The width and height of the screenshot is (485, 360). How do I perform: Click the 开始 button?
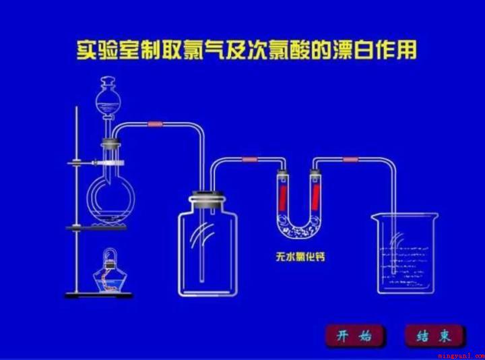(354, 336)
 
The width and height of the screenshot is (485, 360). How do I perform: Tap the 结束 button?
(434, 336)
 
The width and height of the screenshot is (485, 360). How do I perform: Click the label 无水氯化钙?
(300, 257)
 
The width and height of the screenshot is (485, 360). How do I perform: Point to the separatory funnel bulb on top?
(108, 100)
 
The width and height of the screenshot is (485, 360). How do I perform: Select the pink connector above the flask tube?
(156, 124)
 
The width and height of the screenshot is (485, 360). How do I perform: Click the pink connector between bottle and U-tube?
(250, 159)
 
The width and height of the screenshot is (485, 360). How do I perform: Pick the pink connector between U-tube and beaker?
(350, 159)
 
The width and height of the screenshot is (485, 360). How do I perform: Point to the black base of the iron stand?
(98, 295)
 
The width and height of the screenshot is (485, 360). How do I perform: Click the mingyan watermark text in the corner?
(461, 356)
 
